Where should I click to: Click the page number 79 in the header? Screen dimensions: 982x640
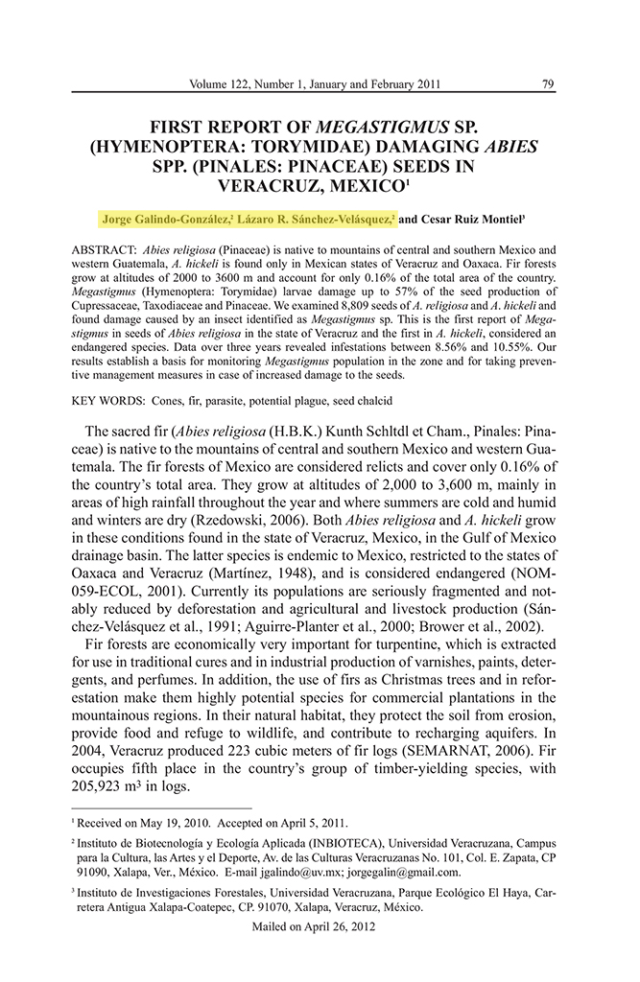548,83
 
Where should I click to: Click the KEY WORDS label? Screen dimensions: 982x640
106,399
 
